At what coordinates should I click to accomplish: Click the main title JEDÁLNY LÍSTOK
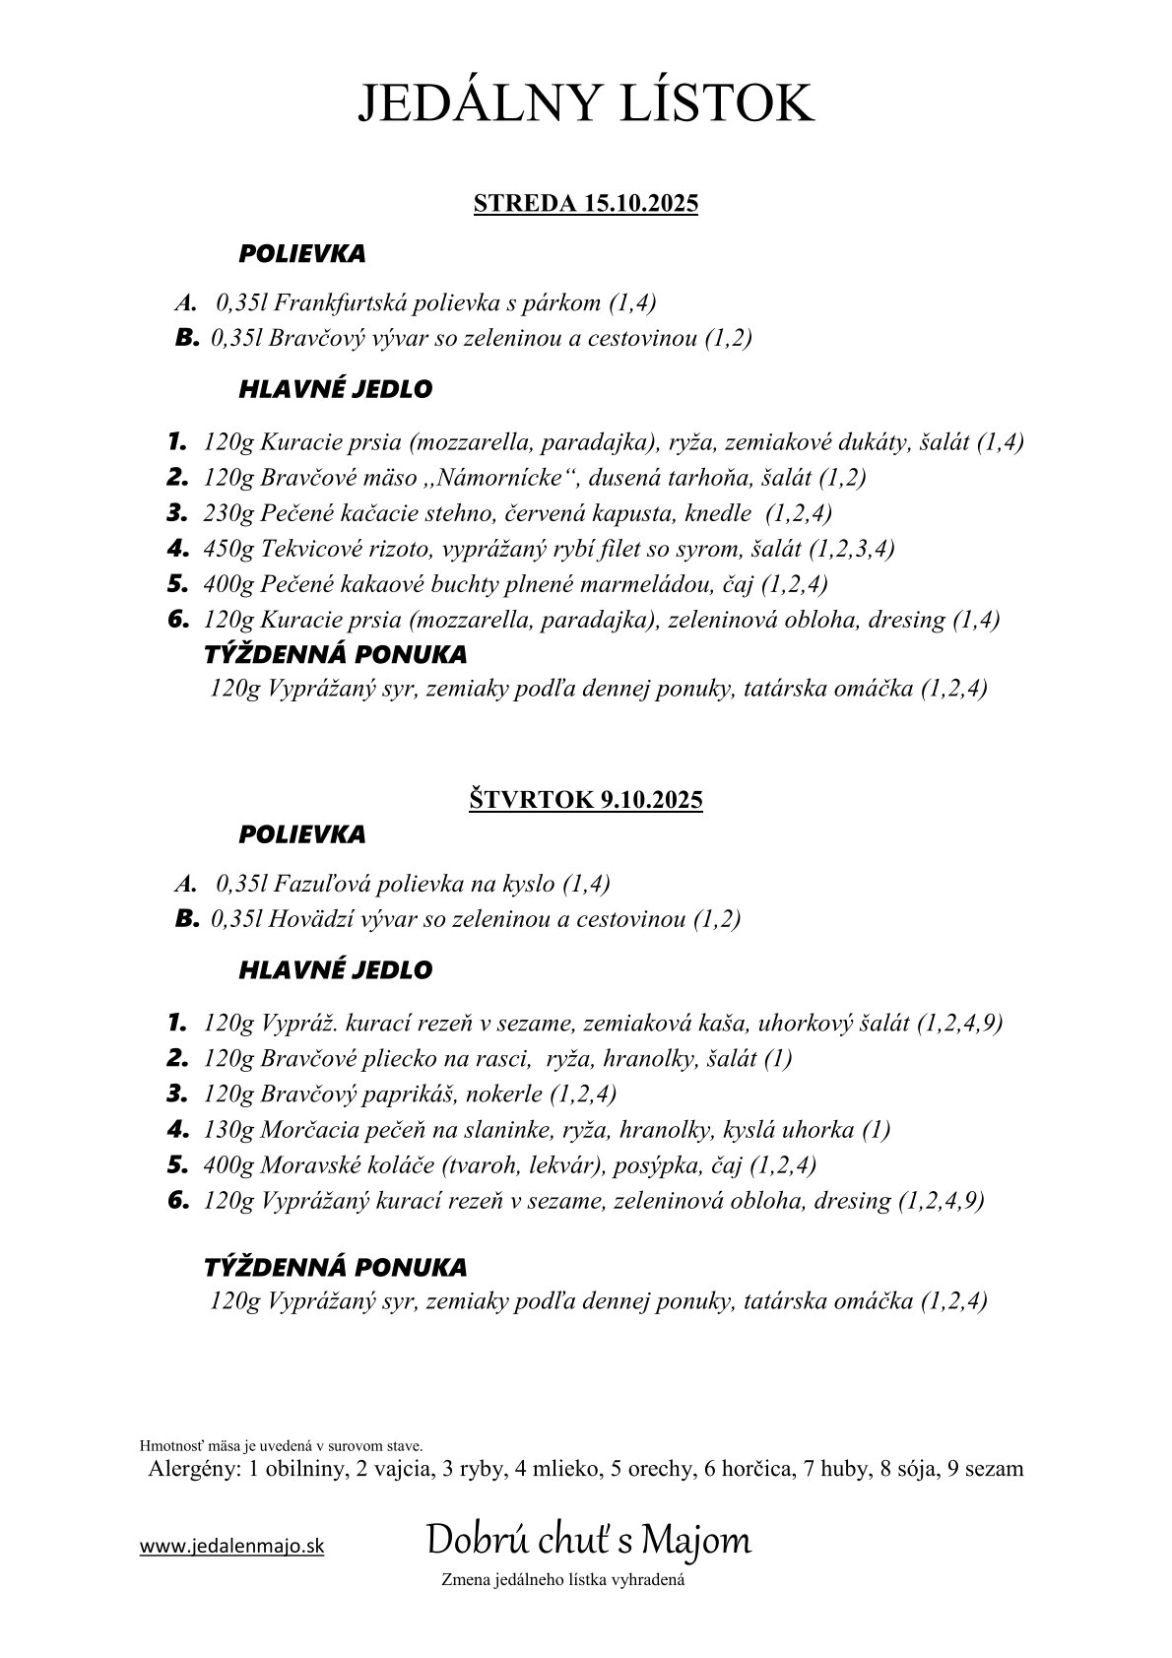[585, 103]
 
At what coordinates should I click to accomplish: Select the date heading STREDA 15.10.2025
[585, 204]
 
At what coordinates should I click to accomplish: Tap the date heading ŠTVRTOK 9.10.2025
[585, 799]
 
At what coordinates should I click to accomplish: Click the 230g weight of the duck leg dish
[228, 513]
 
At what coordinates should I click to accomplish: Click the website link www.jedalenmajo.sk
[231, 1547]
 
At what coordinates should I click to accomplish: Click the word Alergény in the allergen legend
[191, 1469]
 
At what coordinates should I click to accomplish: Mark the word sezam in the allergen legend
[993, 1469]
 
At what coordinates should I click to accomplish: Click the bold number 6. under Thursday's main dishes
[177, 1200]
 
